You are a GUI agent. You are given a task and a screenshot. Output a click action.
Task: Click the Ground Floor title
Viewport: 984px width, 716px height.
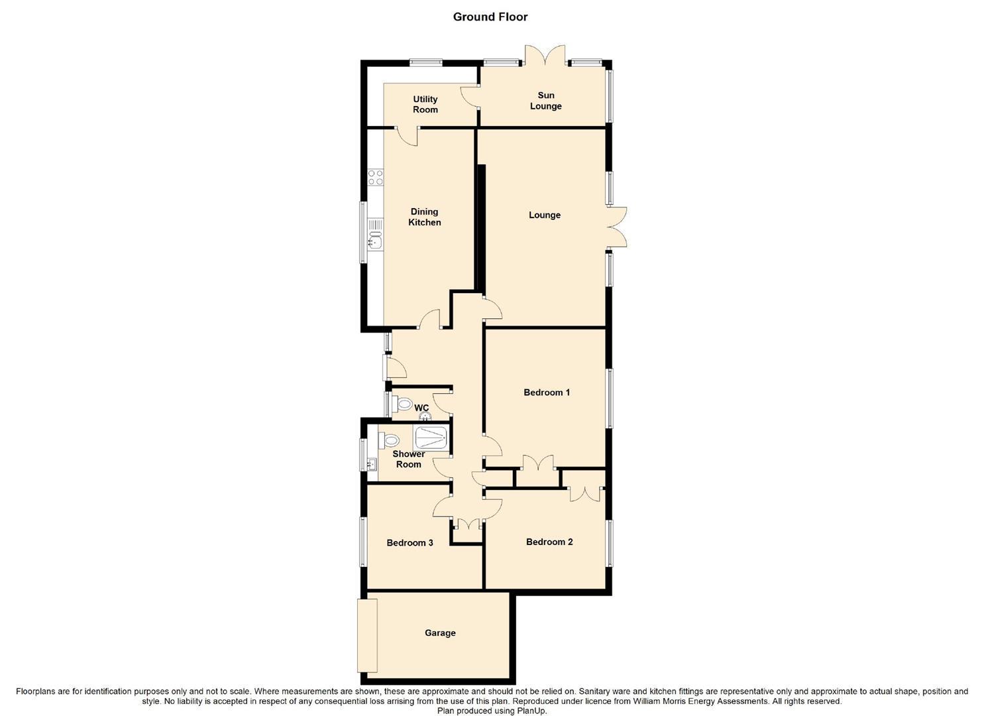tap(490, 17)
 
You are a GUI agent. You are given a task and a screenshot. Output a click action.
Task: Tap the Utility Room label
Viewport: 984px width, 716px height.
tap(425, 105)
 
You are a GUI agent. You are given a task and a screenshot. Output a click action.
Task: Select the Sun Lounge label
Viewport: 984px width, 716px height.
tap(545, 101)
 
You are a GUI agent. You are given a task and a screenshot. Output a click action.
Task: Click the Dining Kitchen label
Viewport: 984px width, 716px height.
tap(424, 217)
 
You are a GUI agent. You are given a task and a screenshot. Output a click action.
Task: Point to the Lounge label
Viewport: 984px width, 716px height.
tap(545, 215)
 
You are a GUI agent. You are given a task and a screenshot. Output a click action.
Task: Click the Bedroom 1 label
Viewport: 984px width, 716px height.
tap(547, 392)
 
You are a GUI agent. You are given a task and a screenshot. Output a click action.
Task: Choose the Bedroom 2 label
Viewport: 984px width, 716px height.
tap(549, 542)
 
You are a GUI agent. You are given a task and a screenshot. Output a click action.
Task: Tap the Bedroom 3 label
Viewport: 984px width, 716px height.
tap(410, 543)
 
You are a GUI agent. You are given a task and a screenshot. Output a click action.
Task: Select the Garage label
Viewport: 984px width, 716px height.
tap(440, 633)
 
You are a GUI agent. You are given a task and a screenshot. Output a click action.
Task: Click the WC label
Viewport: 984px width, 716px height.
tap(421, 408)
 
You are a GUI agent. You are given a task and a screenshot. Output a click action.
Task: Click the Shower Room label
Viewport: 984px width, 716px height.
tap(408, 459)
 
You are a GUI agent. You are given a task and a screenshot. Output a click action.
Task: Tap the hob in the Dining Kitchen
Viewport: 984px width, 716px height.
tap(376, 177)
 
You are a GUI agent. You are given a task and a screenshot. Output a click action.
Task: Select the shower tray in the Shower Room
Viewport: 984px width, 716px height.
tap(430, 438)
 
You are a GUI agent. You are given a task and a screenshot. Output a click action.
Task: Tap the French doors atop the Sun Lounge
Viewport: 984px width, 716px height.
tap(545, 55)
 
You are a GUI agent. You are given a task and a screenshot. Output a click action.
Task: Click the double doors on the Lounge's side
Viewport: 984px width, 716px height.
tap(617, 227)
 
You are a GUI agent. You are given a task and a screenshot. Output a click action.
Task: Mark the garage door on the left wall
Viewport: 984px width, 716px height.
tap(367, 635)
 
